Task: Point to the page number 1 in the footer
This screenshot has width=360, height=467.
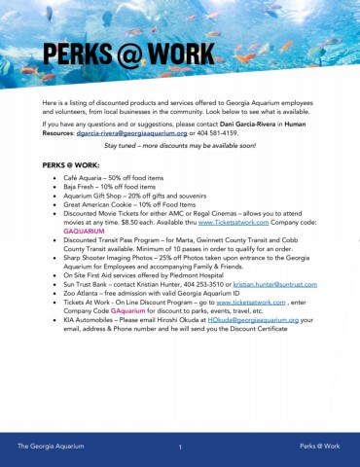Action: coord(181,447)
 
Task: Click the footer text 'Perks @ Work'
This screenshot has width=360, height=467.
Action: coord(319,446)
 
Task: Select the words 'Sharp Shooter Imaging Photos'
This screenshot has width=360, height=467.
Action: coord(109,256)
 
